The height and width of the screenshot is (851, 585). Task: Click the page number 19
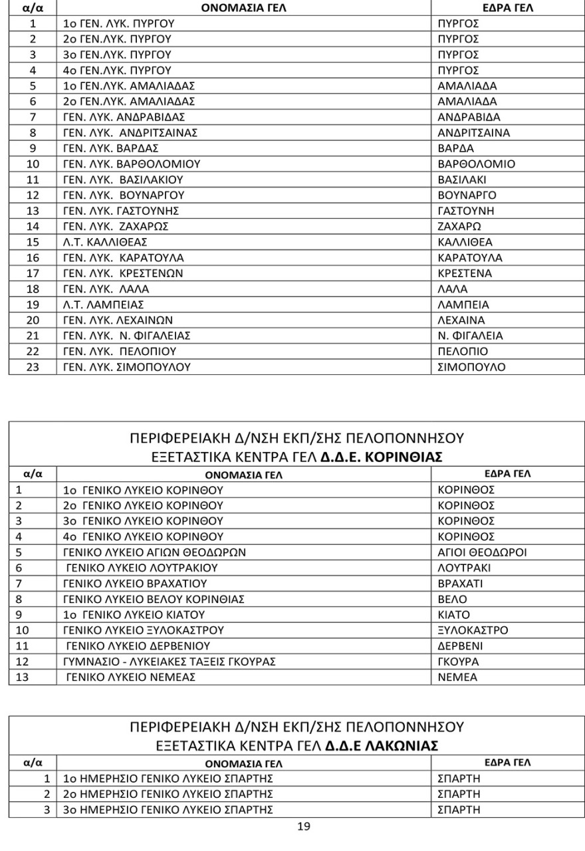click(x=302, y=828)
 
